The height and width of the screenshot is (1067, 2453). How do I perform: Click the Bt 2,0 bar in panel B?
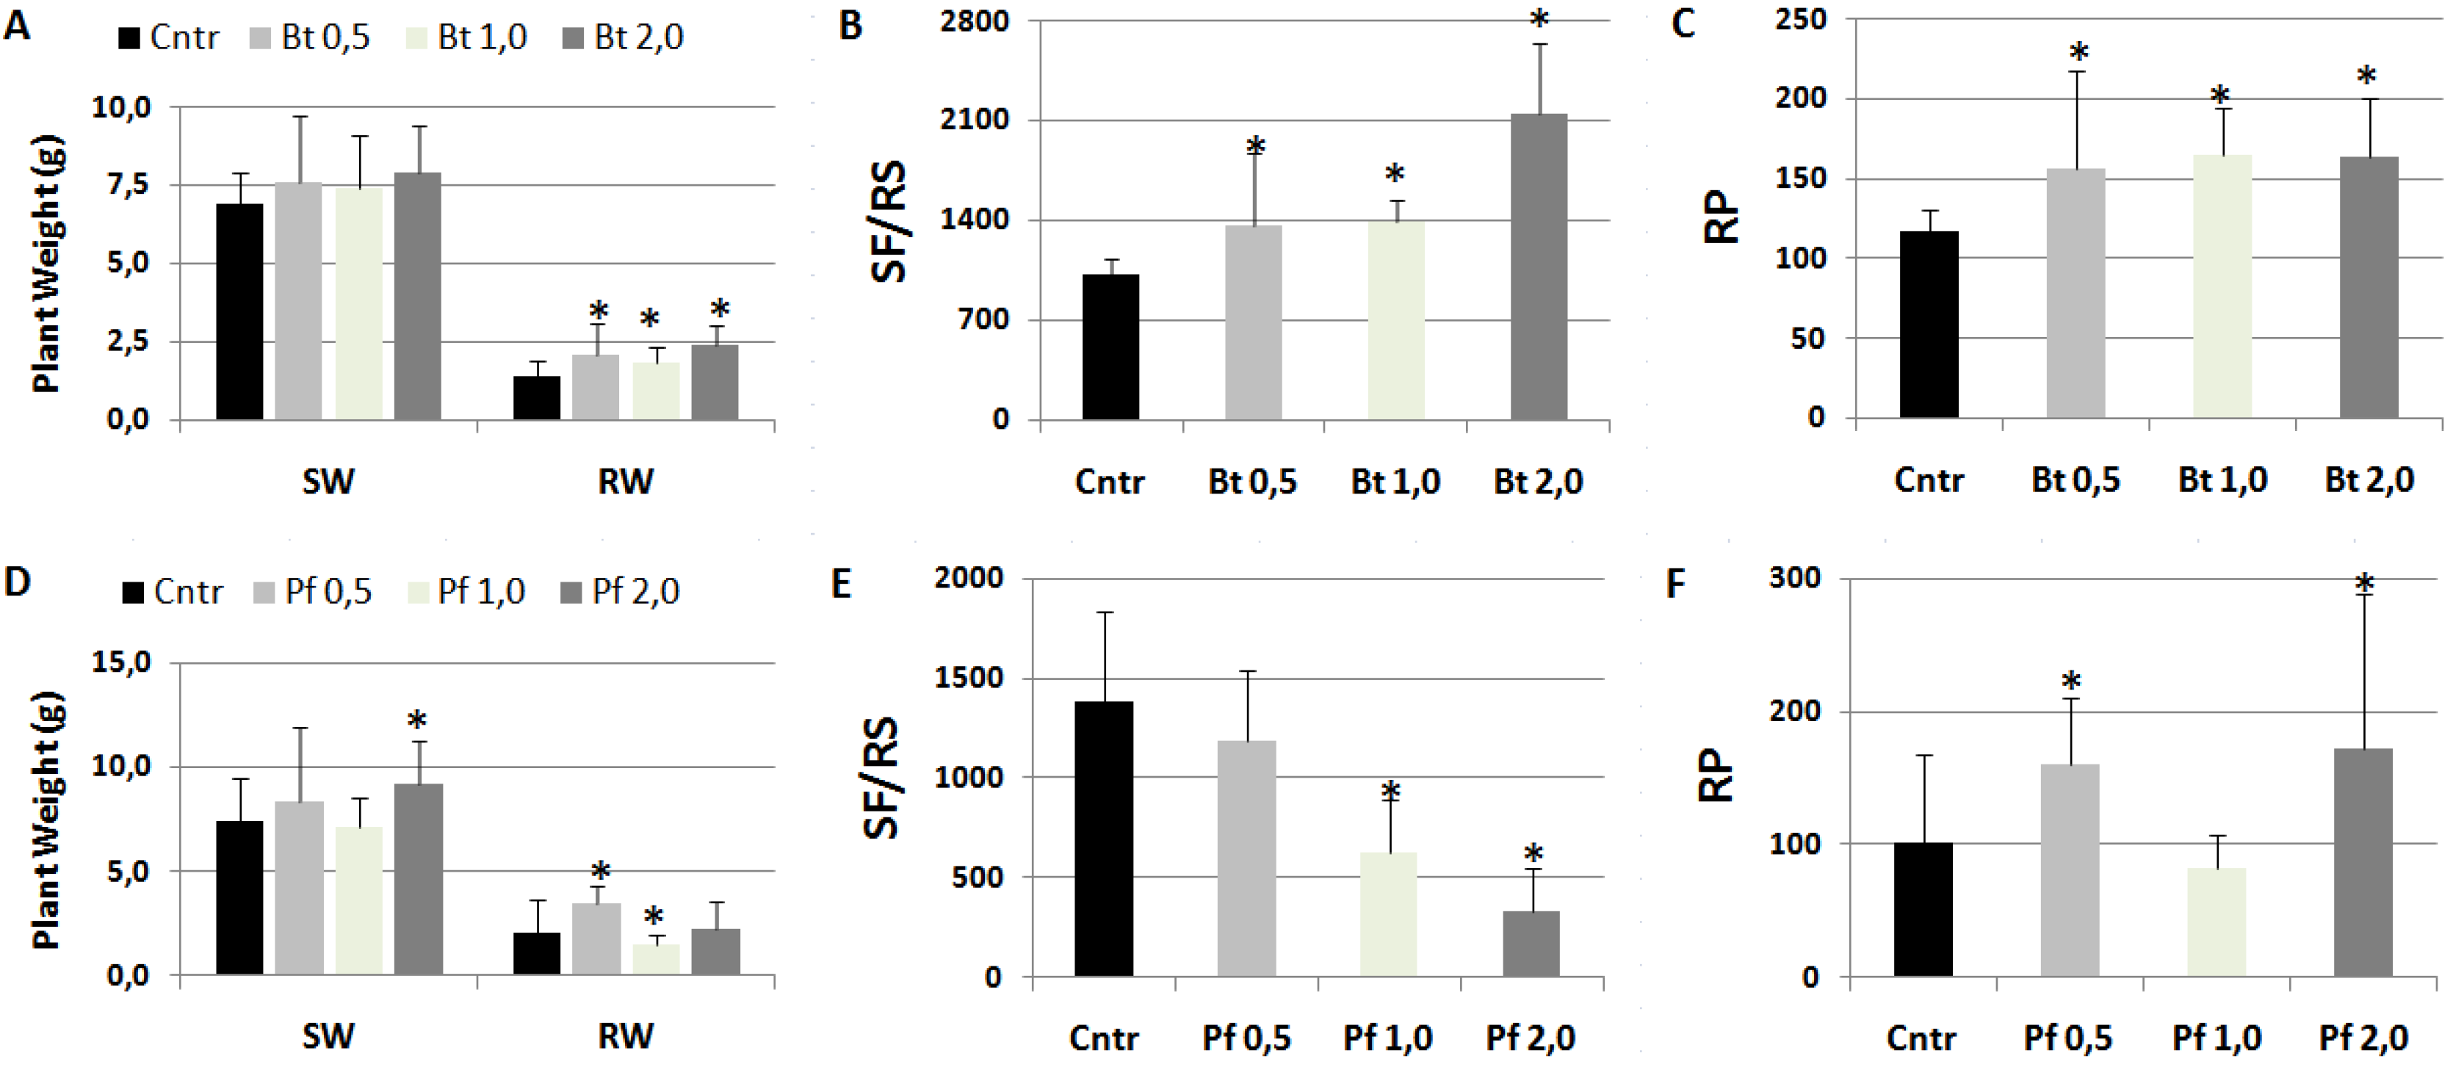[1538, 267]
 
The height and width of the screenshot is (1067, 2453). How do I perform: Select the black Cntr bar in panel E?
[1104, 839]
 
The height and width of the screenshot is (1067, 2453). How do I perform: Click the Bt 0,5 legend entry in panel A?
[311, 38]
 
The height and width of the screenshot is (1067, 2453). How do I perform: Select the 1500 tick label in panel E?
[969, 678]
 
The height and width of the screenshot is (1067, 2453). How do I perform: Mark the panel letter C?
[1683, 23]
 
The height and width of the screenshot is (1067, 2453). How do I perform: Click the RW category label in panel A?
[626, 482]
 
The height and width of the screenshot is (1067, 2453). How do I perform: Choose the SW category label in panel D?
[328, 1035]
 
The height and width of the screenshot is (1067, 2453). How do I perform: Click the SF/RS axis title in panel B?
[889, 222]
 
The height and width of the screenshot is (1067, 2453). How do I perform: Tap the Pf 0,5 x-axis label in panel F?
[2067, 1037]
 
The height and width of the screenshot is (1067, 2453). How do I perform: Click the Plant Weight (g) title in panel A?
[47, 264]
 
